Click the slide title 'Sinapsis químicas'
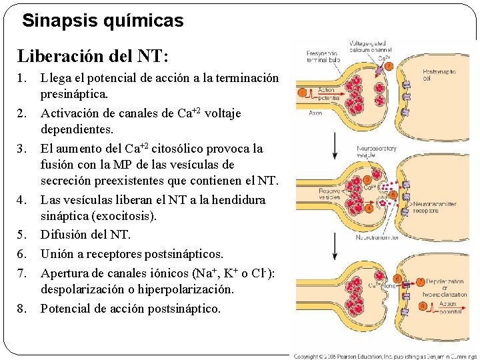[102, 21]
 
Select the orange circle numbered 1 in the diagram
[302, 92]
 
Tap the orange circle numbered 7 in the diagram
[420, 281]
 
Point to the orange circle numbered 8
[423, 305]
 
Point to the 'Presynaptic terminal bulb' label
[323, 56]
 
